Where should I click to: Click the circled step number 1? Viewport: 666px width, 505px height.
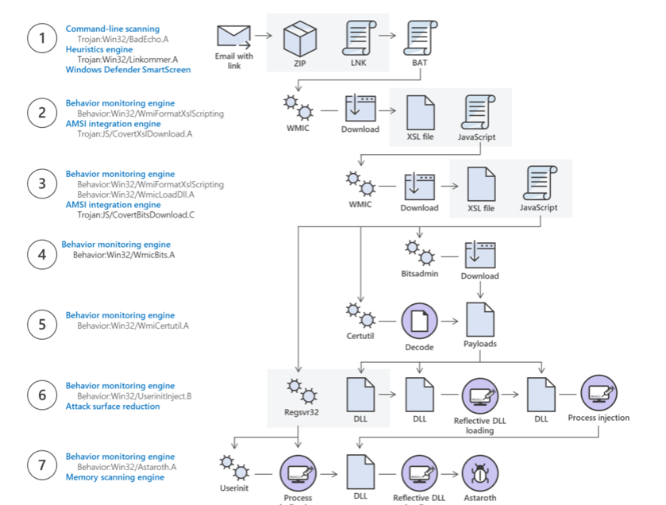pos(42,39)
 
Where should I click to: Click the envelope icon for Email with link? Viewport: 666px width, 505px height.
pos(233,37)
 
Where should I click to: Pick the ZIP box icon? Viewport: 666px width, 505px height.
pos(300,37)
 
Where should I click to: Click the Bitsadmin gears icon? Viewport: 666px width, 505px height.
pos(419,252)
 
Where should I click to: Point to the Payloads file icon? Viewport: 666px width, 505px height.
pos(479,319)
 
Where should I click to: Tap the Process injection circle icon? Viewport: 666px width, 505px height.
pos(599,392)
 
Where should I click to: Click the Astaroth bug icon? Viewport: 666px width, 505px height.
pos(480,474)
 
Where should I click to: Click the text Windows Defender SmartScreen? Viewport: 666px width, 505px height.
pos(128,70)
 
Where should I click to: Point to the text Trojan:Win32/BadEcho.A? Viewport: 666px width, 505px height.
pos(122,38)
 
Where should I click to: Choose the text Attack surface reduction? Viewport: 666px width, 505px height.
pos(113,407)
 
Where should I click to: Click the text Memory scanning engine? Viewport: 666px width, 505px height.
pos(115,477)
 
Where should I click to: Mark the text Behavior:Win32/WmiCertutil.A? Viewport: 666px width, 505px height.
pos(133,326)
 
